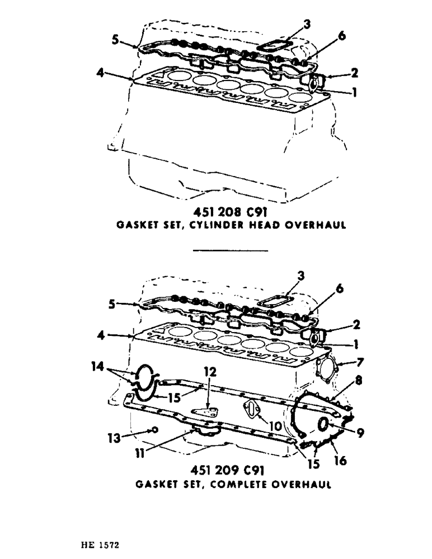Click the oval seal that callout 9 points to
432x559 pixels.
(x=324, y=424)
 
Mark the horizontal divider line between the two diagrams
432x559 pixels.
(x=231, y=250)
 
